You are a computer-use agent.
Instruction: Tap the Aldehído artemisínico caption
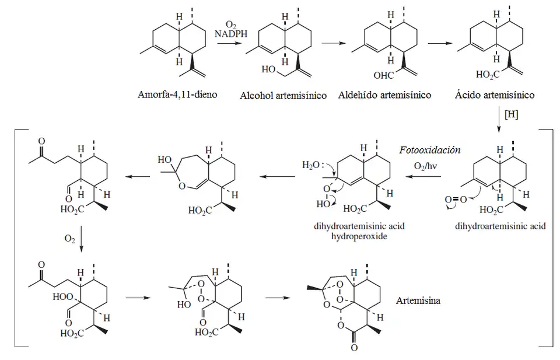(x=384, y=95)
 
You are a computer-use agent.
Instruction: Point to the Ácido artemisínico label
(x=494, y=95)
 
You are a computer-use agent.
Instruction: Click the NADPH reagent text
(x=231, y=34)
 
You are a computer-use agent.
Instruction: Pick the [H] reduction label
(x=511, y=114)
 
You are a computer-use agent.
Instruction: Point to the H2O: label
(x=312, y=166)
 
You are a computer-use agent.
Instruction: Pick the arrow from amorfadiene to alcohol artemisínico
(x=230, y=45)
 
